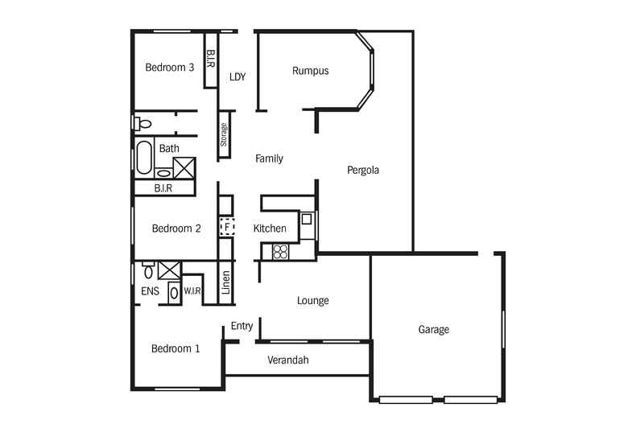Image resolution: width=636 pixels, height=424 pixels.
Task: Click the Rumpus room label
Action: (x=310, y=71)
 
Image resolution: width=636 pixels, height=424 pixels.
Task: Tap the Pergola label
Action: (x=363, y=170)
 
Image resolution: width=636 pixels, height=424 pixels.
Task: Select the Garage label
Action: (x=434, y=330)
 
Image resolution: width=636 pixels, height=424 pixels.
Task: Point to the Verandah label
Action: (x=288, y=360)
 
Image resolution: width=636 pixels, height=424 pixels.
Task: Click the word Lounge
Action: (x=312, y=301)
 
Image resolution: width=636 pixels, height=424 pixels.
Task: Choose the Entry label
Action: (x=242, y=326)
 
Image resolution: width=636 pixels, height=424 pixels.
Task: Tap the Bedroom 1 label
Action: (x=176, y=348)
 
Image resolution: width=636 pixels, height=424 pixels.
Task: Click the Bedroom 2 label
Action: (x=176, y=228)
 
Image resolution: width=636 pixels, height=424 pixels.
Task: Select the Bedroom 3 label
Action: (x=170, y=68)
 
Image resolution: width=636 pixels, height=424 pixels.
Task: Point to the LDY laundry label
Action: (x=237, y=77)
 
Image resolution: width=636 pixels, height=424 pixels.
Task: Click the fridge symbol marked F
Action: (x=227, y=227)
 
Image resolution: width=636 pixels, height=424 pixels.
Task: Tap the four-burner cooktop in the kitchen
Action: (x=280, y=252)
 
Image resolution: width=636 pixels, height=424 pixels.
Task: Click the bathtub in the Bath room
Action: (x=143, y=157)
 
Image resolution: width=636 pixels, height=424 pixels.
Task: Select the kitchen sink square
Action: (x=307, y=220)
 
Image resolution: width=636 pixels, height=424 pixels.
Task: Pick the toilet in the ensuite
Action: (x=148, y=270)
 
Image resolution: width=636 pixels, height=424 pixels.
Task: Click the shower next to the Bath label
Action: (x=184, y=168)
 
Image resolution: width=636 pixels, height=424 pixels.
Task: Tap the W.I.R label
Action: (x=192, y=291)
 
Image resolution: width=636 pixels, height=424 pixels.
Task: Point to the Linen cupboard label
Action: (x=226, y=282)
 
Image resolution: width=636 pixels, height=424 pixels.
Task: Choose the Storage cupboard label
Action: (x=224, y=134)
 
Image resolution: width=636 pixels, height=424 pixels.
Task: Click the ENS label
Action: (x=150, y=291)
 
